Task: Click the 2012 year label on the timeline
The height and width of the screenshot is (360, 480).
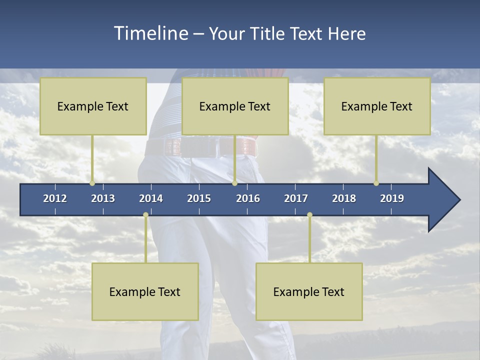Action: tap(55, 198)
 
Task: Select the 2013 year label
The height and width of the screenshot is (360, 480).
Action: tap(103, 198)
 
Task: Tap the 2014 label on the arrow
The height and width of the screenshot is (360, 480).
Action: tap(151, 198)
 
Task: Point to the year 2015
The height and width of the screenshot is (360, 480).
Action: tap(199, 198)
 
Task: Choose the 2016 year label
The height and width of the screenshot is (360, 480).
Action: tap(248, 198)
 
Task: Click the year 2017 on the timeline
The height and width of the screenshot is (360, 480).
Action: tap(296, 198)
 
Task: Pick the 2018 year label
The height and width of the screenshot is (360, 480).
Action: tap(344, 198)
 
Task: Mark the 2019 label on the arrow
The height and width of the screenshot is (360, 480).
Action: tap(392, 198)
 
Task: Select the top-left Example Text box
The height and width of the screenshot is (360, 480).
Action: tap(93, 106)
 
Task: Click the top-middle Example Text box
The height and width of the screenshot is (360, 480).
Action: tap(235, 106)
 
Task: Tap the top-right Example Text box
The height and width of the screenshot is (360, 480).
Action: tap(377, 106)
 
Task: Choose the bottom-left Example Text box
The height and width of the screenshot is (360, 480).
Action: tap(145, 291)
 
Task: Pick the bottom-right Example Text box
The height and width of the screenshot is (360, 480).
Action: tap(309, 291)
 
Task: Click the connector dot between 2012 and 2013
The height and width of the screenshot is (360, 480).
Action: tap(92, 183)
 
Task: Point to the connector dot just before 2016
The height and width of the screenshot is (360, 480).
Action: tap(234, 183)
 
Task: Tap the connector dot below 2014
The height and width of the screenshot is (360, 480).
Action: tap(145, 215)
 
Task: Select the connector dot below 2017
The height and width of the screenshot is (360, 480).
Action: tap(309, 215)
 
